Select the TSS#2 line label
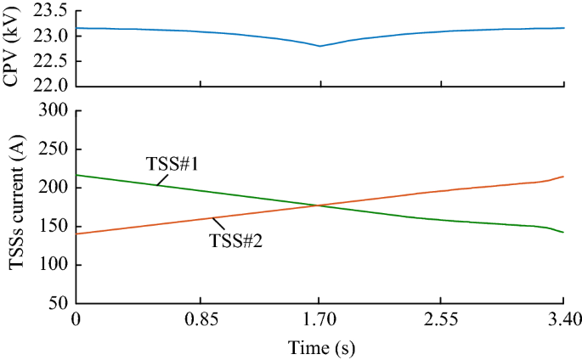[x=235, y=241]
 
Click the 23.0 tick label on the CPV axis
[x=54, y=36]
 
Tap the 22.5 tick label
[x=54, y=60]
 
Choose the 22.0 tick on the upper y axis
[x=54, y=86]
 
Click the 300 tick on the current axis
[x=57, y=111]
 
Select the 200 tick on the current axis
[x=57, y=188]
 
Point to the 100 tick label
[x=57, y=264]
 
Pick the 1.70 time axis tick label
[x=320, y=320]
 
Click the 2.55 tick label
[x=442, y=320]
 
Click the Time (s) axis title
[x=320, y=347]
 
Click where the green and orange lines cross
[x=318, y=205]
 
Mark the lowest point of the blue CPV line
[x=320, y=46]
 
